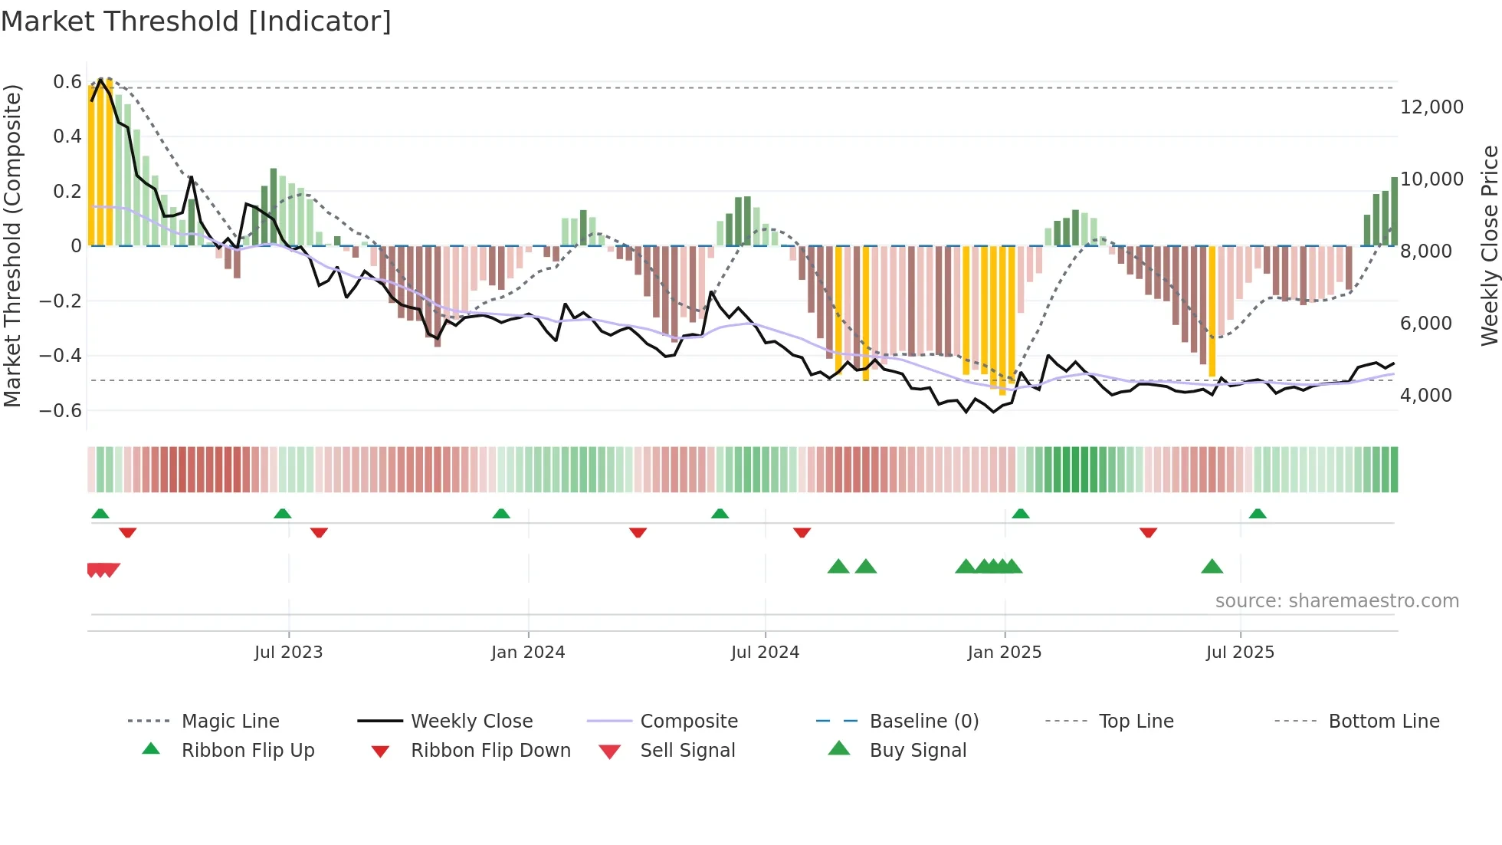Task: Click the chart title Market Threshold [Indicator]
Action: [x=196, y=21]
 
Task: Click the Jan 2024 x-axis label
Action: [x=528, y=653]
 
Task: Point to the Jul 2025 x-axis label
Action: [x=1240, y=653]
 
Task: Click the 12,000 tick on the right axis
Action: [x=1431, y=107]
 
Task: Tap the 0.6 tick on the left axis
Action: [x=67, y=82]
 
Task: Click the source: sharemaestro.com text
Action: [x=1336, y=601]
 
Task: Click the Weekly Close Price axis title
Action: [x=1489, y=245]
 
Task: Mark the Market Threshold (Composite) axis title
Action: [x=12, y=245]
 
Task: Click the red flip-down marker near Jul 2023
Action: [x=319, y=533]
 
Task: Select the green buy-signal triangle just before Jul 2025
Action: [x=1212, y=567]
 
